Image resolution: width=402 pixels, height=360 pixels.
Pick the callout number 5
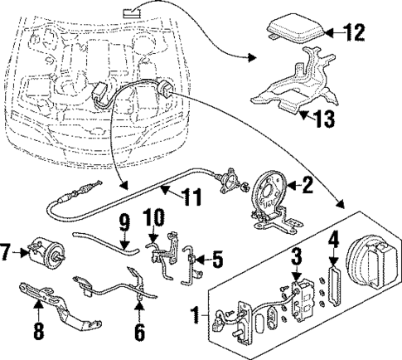(217, 259)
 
